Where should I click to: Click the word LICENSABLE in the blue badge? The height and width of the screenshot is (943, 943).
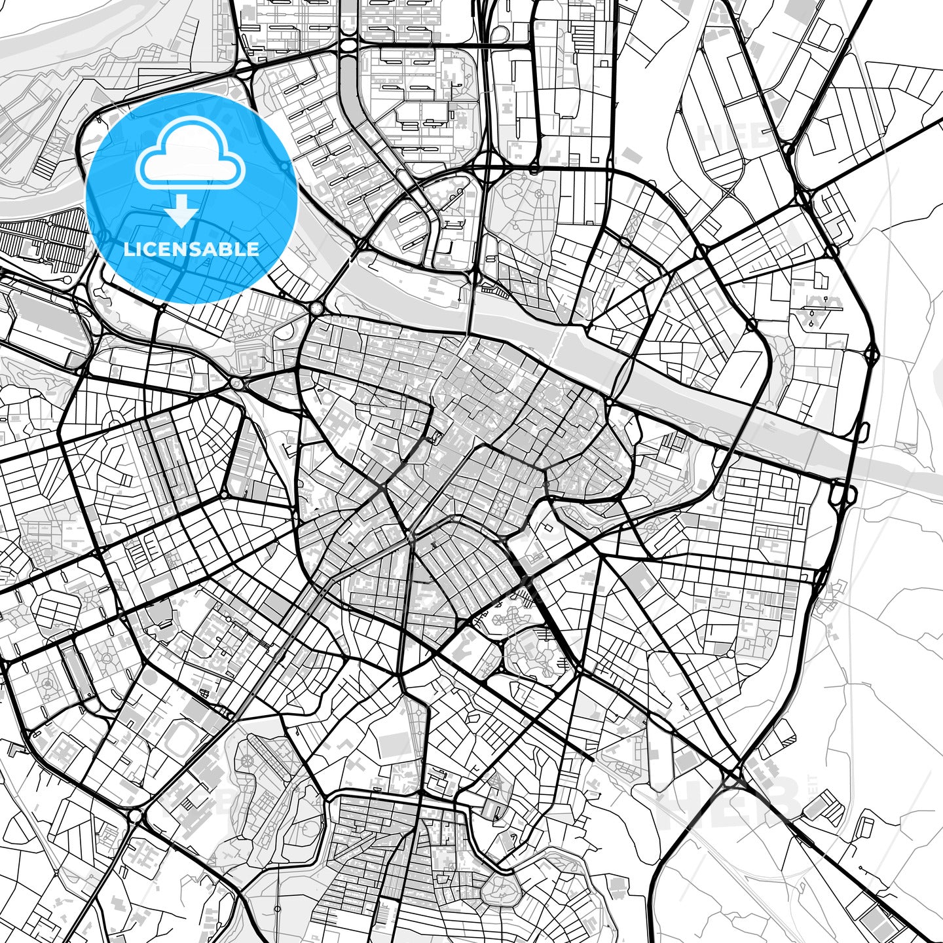[191, 249]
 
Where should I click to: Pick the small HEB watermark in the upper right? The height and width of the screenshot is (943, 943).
[733, 137]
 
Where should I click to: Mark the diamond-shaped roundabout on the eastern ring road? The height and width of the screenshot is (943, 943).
[871, 355]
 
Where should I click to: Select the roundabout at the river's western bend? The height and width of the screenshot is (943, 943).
[317, 308]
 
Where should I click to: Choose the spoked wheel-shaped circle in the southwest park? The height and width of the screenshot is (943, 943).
[248, 761]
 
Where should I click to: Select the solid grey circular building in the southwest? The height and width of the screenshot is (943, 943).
[47, 685]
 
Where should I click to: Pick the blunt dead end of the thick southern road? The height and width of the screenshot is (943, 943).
[592, 760]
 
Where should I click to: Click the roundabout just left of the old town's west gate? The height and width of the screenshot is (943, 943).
[236, 383]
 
